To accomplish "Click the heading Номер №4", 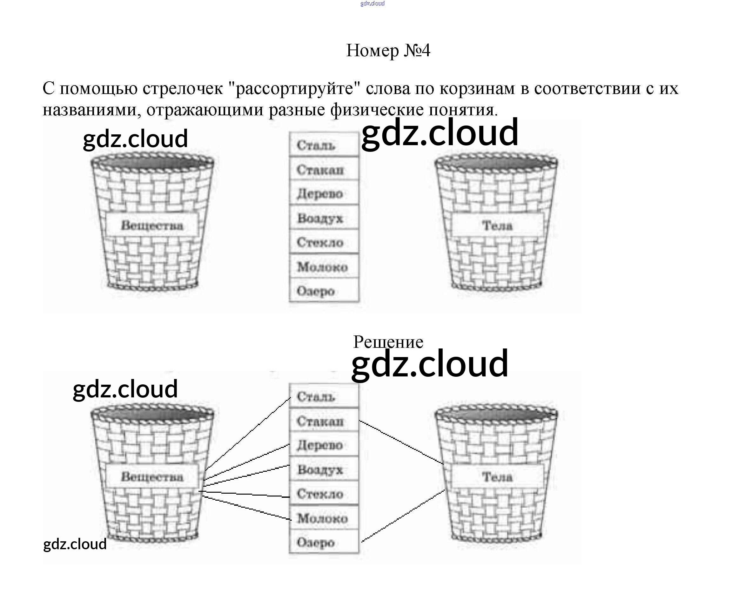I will click(x=388, y=51).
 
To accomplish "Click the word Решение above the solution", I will click(x=388, y=342).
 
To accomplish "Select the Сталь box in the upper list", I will click(x=324, y=145).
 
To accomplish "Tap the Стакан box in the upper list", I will click(x=324, y=170).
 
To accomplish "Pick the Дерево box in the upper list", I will click(x=324, y=193).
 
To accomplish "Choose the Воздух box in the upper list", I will click(x=324, y=218).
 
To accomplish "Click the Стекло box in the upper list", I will click(x=324, y=242).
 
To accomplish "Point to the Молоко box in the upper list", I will click(x=324, y=267).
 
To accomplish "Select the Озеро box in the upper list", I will click(x=324, y=291).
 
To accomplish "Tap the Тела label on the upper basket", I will click(x=497, y=225).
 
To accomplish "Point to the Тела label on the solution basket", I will click(x=497, y=476).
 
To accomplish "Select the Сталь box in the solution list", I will click(x=324, y=396).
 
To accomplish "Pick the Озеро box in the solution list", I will click(x=324, y=542).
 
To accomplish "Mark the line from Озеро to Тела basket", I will click(x=403, y=516).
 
